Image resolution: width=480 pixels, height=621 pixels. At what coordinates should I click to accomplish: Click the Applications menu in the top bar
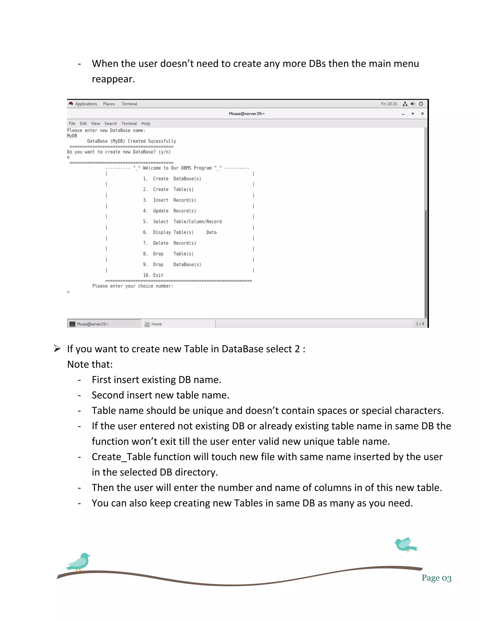[x=86, y=104]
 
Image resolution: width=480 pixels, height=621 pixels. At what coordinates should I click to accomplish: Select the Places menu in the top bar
[x=109, y=104]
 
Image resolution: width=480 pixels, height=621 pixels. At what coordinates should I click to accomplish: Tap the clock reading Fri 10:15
[x=389, y=104]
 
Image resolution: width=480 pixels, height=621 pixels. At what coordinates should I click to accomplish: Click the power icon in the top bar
[x=421, y=104]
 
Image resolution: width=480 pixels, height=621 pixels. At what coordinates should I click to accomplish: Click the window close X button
[x=422, y=113]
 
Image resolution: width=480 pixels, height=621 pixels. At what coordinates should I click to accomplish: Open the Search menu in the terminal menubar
[x=110, y=123]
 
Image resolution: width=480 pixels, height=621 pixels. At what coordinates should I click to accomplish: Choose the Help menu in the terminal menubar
[x=146, y=123]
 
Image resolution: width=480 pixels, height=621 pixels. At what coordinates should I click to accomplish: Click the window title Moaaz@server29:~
[x=247, y=113]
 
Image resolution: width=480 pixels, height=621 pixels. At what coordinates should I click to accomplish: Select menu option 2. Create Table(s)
[x=168, y=189]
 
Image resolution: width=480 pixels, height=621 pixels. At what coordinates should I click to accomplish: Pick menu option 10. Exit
[x=153, y=275]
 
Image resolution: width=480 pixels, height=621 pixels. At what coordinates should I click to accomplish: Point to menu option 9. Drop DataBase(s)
[x=172, y=264]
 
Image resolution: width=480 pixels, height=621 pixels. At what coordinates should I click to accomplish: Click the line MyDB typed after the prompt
[x=72, y=136]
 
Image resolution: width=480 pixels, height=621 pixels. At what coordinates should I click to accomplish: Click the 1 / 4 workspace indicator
[x=420, y=324]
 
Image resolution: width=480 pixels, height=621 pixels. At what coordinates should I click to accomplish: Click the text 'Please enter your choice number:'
[x=132, y=286]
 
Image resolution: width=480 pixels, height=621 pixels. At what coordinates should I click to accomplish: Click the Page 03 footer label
[x=436, y=578]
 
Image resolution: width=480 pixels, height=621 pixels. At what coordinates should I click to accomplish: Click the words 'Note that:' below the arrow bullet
[x=90, y=364]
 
